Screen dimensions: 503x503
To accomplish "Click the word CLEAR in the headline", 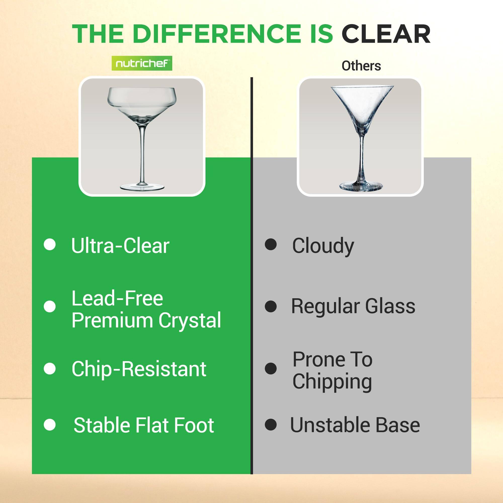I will [x=386, y=34].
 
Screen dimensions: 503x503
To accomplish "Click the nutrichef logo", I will [x=142, y=63].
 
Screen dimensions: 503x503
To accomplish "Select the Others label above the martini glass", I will [x=361, y=66].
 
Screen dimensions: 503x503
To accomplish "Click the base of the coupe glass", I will [x=142, y=186].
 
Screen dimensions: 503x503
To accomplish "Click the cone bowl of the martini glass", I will [x=362, y=104].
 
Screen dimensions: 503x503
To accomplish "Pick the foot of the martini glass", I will [x=361, y=186].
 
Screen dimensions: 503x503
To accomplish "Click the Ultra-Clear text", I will [x=120, y=245].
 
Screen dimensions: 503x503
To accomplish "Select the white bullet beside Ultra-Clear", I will [x=50, y=244].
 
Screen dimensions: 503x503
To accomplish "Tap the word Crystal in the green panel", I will [x=190, y=320].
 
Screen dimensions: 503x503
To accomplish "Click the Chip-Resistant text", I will [x=139, y=369].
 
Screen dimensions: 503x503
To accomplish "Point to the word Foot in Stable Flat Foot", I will [x=194, y=425].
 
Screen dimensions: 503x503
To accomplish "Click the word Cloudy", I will [x=323, y=245].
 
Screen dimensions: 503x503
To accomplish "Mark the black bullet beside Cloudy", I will [x=271, y=244].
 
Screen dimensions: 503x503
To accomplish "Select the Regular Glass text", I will [x=353, y=306].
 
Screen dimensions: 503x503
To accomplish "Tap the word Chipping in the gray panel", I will [x=332, y=382].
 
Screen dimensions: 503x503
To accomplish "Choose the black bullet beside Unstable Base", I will [x=271, y=425].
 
